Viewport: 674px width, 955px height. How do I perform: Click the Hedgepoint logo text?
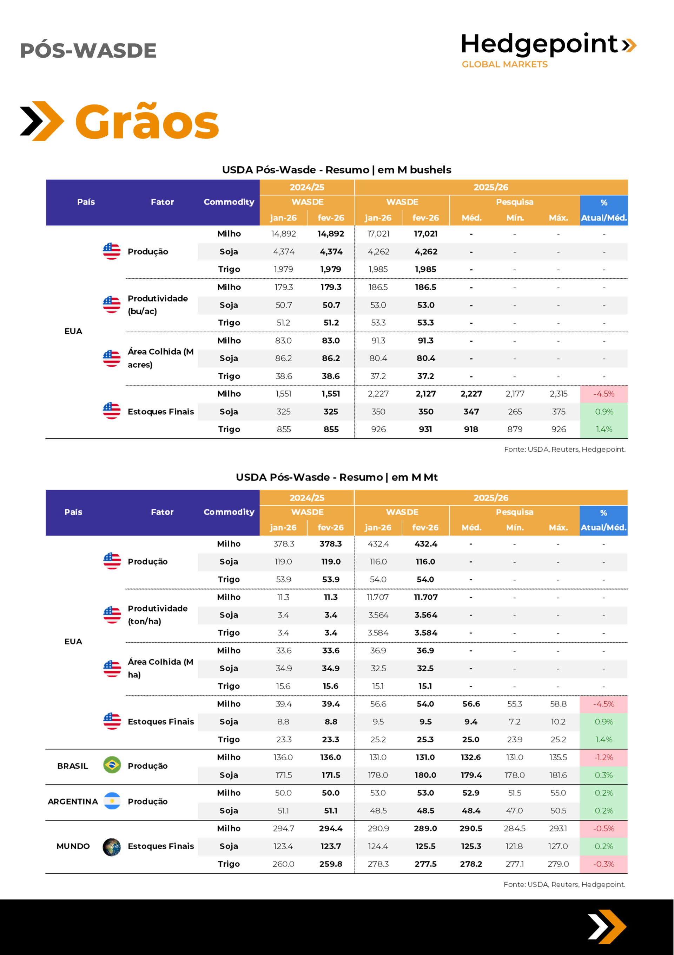click(x=539, y=44)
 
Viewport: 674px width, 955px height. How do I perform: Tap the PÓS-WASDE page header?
click(x=88, y=51)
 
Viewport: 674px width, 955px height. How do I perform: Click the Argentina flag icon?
click(x=112, y=801)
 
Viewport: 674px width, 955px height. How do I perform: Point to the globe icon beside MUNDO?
click(x=112, y=846)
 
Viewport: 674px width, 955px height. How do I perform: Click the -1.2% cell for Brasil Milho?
click(x=603, y=757)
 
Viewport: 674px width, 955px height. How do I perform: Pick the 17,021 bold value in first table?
click(x=425, y=234)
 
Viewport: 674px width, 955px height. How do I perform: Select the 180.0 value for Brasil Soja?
click(x=425, y=775)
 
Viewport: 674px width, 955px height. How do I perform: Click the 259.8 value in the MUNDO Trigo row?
click(x=331, y=864)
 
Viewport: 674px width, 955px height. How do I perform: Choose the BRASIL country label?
click(x=73, y=766)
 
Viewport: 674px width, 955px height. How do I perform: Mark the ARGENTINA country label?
click(x=73, y=801)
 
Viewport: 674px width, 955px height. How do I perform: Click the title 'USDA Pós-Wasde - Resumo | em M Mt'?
click(x=337, y=477)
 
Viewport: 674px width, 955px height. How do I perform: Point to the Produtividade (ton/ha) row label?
click(x=158, y=614)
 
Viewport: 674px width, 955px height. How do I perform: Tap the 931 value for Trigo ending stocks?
click(x=425, y=429)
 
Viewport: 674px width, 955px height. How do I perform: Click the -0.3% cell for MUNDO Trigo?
click(x=603, y=864)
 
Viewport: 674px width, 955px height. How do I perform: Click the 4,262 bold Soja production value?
click(x=425, y=252)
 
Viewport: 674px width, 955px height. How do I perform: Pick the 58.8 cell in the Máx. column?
click(x=558, y=704)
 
